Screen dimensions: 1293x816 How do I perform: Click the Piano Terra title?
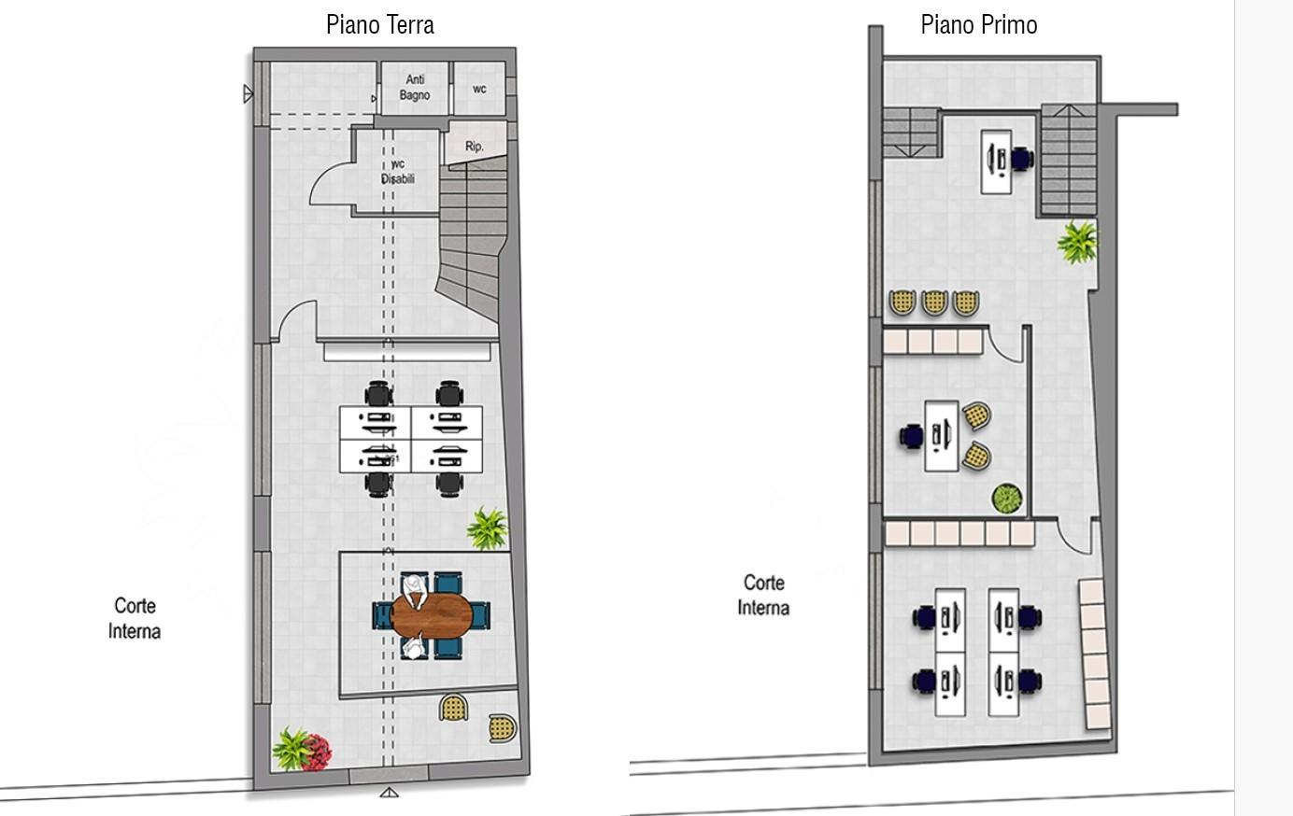[380, 25]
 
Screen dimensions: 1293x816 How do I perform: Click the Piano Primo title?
[979, 25]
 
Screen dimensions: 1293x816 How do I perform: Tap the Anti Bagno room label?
[415, 87]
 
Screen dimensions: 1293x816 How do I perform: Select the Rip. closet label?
[474, 146]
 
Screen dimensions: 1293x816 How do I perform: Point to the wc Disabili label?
[397, 171]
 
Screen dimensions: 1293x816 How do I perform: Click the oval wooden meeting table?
[432, 615]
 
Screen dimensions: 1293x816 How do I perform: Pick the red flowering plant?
[317, 752]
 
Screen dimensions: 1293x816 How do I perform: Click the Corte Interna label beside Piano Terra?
[135, 618]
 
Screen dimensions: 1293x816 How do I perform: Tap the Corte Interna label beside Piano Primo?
[763, 595]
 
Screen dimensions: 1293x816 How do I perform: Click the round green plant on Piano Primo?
[1007, 499]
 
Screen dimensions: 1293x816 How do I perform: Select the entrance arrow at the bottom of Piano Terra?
[389, 793]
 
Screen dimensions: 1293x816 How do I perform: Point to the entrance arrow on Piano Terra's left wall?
[248, 93]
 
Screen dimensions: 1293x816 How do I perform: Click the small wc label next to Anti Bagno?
[479, 89]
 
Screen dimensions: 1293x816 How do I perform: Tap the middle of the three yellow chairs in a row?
[934, 302]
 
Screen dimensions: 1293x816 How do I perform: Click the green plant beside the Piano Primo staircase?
[1077, 242]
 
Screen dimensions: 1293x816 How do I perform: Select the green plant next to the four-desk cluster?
[488, 528]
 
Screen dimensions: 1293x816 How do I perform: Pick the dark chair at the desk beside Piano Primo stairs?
[1022, 159]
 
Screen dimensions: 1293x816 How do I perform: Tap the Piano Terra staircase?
[471, 236]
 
